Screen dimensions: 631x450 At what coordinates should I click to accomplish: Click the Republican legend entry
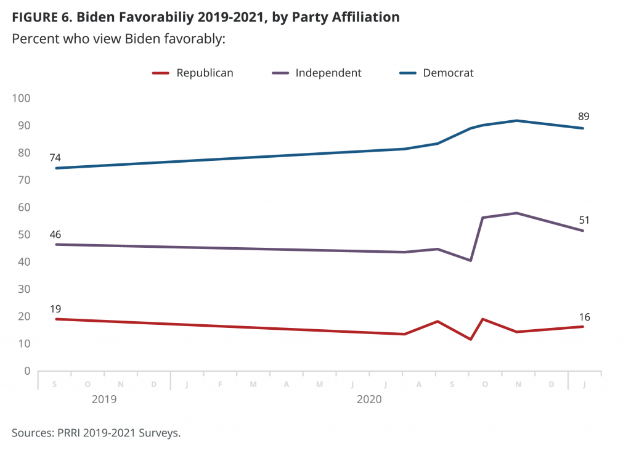tap(193, 73)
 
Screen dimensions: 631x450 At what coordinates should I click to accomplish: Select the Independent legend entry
tap(317, 73)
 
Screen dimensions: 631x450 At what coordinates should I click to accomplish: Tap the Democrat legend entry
tap(436, 73)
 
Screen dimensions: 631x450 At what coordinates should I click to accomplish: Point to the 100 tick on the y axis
tap(22, 98)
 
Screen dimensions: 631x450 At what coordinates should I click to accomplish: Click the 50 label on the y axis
tap(24, 235)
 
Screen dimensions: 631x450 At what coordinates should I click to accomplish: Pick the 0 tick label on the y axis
tap(27, 370)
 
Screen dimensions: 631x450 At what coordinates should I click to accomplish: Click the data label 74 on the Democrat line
tap(55, 158)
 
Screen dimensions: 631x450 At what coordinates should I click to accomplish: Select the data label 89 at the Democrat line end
tap(584, 117)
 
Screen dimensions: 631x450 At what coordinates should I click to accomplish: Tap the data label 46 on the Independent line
tap(55, 234)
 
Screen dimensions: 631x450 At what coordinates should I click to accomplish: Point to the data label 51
tap(584, 220)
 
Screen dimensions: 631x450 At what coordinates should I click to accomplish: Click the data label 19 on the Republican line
tap(55, 309)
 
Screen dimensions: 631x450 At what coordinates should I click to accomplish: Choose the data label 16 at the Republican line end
tap(584, 317)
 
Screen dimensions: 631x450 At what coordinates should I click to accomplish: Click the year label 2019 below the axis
tap(104, 399)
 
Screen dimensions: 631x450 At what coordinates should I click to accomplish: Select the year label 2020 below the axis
tap(369, 399)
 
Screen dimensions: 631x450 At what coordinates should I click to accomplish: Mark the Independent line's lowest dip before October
tap(470, 260)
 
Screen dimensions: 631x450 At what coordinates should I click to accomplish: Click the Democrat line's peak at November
tap(516, 120)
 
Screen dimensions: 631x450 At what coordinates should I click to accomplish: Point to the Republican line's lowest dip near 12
tap(470, 339)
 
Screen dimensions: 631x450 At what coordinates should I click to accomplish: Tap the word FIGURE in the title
tap(35, 17)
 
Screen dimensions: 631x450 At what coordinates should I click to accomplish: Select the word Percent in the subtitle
tap(36, 39)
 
